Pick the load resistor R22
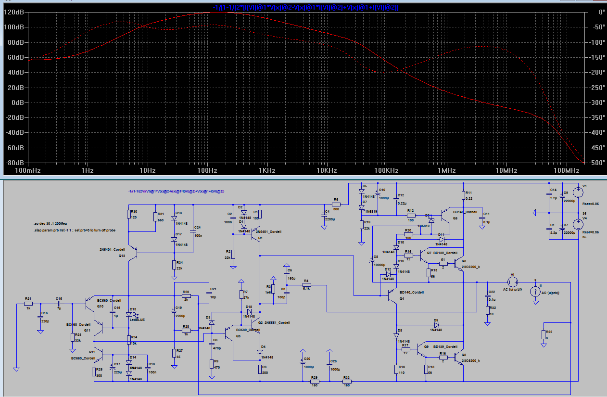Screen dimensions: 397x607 tap(543, 335)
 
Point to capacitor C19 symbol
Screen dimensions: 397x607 tap(174, 311)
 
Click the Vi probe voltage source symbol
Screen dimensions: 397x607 tap(512, 282)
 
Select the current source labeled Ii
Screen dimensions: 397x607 tap(534, 292)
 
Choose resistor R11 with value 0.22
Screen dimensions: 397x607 tap(463, 195)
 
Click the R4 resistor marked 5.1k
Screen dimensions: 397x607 tap(306, 285)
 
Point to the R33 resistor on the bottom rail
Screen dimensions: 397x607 tap(346, 382)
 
